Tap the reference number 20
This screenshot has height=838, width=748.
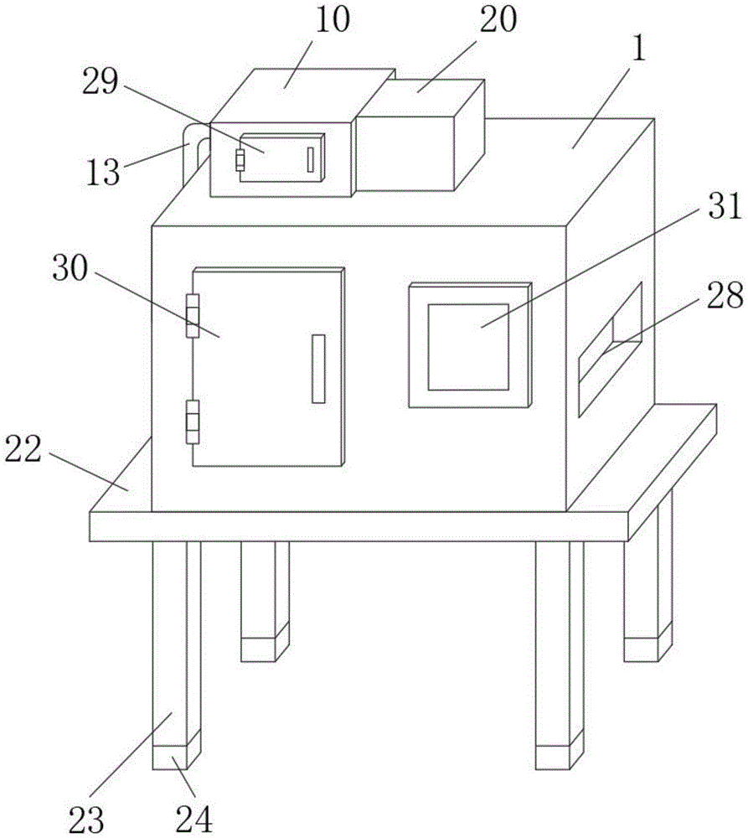point(498,19)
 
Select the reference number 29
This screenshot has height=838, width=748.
point(100,82)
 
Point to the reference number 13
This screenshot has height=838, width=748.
point(102,172)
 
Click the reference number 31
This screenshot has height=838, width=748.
point(725,206)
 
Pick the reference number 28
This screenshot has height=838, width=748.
point(725,295)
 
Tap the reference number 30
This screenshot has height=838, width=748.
point(70,268)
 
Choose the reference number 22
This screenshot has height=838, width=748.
point(23,449)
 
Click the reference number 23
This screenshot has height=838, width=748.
point(86,819)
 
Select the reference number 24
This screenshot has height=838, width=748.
point(194,819)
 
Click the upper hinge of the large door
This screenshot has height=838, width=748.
point(193,316)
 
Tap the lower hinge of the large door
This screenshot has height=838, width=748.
point(193,422)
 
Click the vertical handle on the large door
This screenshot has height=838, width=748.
point(318,369)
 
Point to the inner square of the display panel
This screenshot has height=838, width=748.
point(468,347)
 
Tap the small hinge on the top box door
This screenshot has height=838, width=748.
point(240,160)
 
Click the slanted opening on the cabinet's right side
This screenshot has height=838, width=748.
point(610,349)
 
